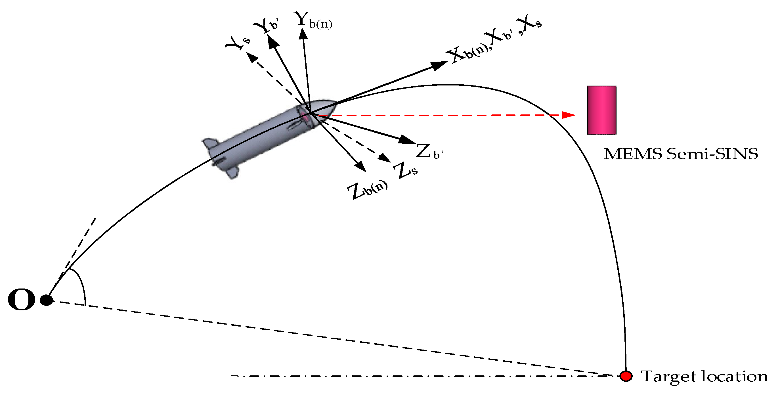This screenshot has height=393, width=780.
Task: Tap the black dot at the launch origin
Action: coord(47,300)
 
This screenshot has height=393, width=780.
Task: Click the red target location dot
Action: coord(626,376)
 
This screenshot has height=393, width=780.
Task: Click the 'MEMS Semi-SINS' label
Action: coord(681,154)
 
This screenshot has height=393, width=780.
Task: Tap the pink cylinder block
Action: coord(602,110)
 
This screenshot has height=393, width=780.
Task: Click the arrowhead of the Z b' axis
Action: coord(407,140)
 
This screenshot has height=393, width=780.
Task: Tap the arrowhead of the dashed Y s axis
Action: coord(251,57)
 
